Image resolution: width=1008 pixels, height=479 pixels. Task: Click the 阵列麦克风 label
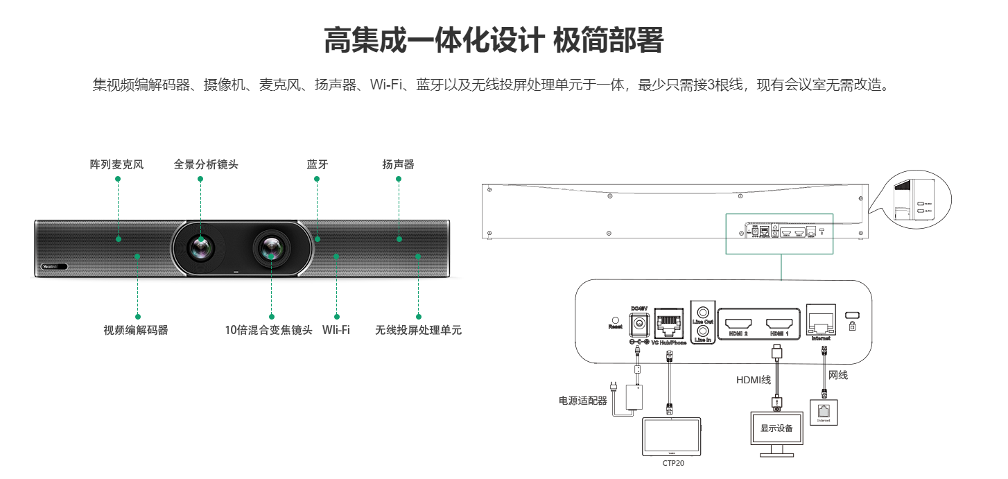116,165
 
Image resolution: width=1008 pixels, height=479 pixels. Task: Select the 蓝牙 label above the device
318,165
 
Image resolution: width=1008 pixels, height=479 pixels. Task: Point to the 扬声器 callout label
398,165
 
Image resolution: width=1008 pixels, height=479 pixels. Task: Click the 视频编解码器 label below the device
136,330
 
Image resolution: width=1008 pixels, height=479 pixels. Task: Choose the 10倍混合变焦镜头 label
268,330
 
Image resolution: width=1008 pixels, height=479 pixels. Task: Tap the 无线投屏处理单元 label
418,330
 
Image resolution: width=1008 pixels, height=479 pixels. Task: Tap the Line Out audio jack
702,311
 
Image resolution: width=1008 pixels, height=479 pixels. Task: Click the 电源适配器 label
583,401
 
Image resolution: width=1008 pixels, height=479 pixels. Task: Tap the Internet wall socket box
823,411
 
